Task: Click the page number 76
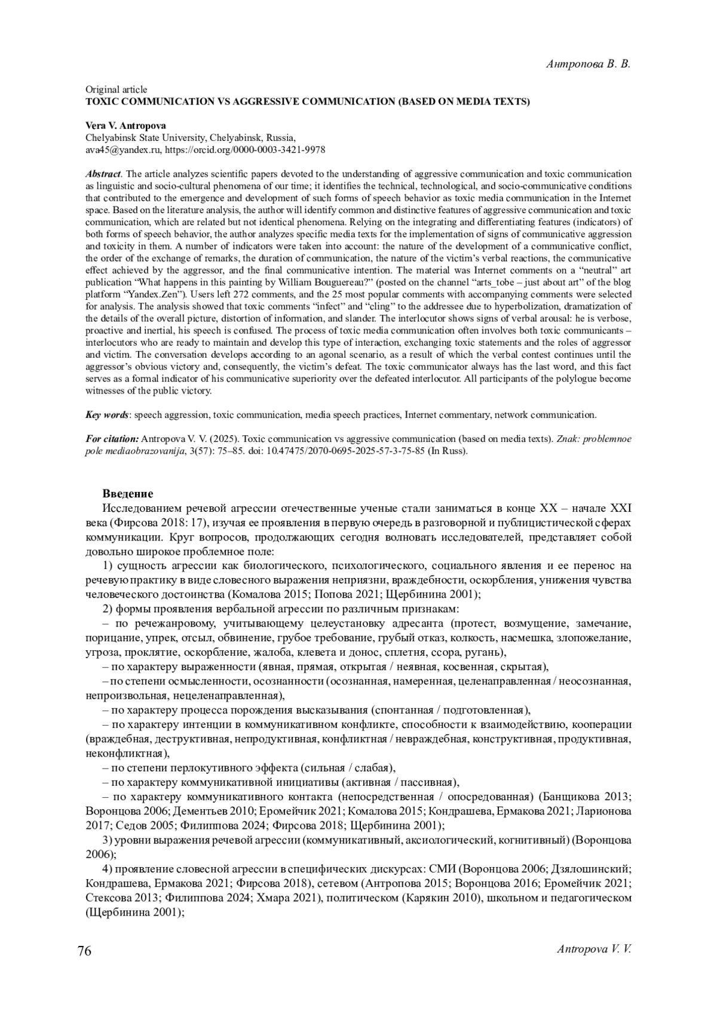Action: pos(84,951)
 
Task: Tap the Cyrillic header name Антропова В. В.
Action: pos(589,64)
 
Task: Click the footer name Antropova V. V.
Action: pos(594,949)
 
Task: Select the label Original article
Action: pos(116,90)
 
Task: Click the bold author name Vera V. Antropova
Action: pos(125,125)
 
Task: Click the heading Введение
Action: pos(128,494)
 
